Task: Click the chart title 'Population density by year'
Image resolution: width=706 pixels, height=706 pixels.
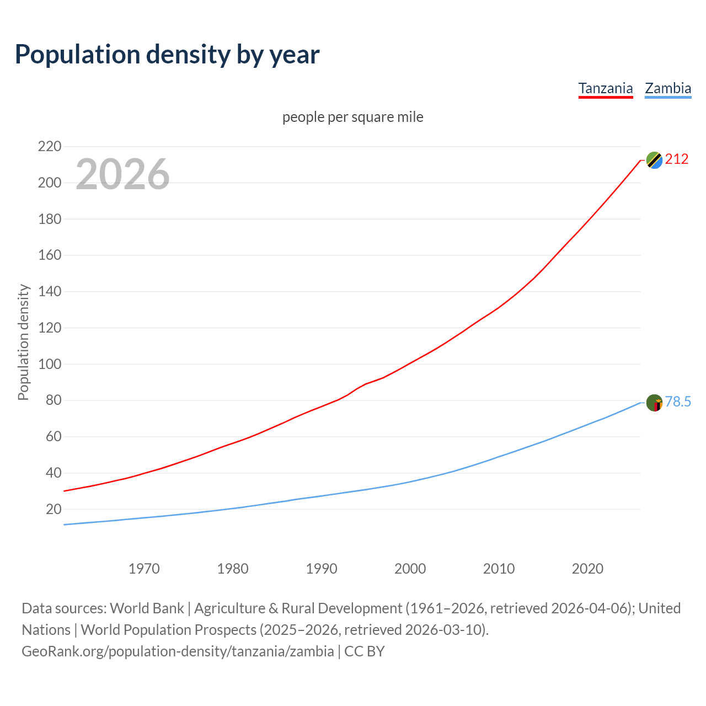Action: pyautogui.click(x=167, y=55)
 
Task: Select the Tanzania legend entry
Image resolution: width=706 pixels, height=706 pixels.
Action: pyautogui.click(x=605, y=88)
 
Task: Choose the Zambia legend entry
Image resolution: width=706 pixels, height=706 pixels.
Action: pyautogui.click(x=668, y=88)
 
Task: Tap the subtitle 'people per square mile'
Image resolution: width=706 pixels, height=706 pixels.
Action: pyautogui.click(x=352, y=117)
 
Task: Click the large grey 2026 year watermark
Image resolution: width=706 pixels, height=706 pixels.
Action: pyautogui.click(x=122, y=174)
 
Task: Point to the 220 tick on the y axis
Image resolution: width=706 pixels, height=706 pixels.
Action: pyautogui.click(x=49, y=147)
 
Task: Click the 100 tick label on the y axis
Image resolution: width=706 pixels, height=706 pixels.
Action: pyautogui.click(x=49, y=364)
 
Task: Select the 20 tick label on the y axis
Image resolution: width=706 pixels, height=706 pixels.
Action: pyautogui.click(x=54, y=509)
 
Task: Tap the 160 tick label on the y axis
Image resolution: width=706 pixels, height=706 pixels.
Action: pyautogui.click(x=49, y=255)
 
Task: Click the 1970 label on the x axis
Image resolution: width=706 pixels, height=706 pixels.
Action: pyautogui.click(x=144, y=569)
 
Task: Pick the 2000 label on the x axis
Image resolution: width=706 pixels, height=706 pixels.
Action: pyautogui.click(x=410, y=569)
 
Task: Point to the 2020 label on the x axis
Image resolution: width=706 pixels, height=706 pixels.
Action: pyautogui.click(x=587, y=569)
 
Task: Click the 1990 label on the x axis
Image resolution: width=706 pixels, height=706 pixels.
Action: pyautogui.click(x=322, y=569)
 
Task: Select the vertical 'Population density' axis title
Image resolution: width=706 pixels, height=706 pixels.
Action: pyautogui.click(x=23, y=342)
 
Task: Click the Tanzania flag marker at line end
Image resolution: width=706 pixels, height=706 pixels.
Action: pyautogui.click(x=654, y=160)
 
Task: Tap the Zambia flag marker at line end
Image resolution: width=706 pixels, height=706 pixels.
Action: pyautogui.click(x=654, y=403)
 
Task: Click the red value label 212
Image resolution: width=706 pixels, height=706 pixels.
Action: pyautogui.click(x=677, y=159)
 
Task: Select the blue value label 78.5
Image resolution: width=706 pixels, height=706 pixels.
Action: pyautogui.click(x=678, y=402)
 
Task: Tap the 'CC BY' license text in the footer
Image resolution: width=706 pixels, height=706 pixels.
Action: pyautogui.click(x=364, y=651)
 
